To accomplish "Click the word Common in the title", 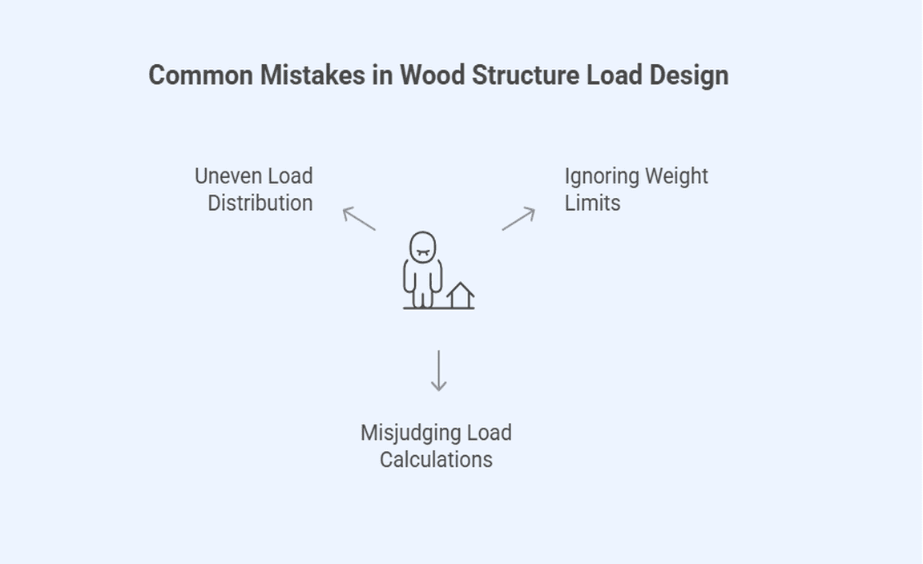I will click(x=200, y=75).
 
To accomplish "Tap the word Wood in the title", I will click(x=433, y=75).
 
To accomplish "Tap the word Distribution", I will click(x=260, y=203).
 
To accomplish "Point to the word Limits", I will click(x=592, y=203).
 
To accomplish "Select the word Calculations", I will click(x=436, y=460).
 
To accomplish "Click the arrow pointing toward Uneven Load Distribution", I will click(x=358, y=218).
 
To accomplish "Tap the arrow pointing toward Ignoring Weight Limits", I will click(x=519, y=218).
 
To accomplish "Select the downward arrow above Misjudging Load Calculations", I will click(x=438, y=370).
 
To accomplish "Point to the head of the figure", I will click(x=422, y=248).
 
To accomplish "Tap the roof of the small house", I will click(x=460, y=288).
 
